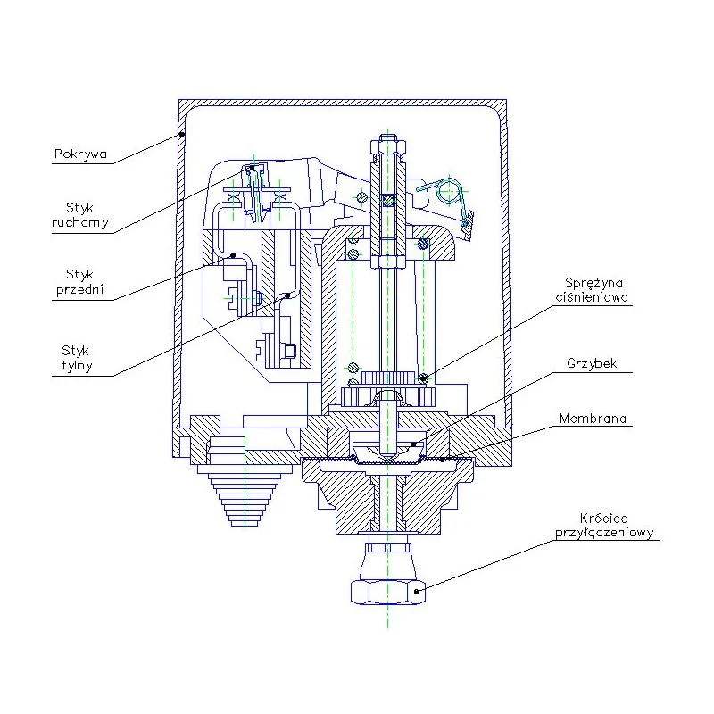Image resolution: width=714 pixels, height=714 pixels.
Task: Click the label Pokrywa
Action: pos(80,154)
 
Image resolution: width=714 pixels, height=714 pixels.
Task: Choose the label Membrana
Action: pos(592,418)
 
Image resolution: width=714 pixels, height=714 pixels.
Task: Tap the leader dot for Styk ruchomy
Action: pos(252,167)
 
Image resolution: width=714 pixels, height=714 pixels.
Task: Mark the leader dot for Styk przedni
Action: pos(233,255)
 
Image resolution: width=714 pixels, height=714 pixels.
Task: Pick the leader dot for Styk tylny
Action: pos(287,295)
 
